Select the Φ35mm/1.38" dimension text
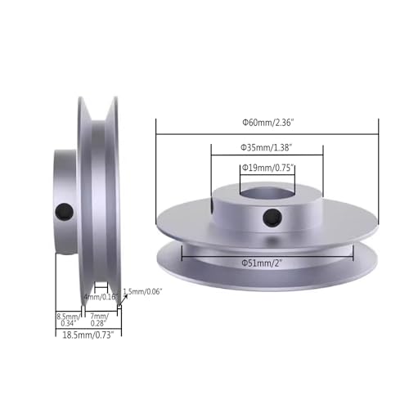point(267,147)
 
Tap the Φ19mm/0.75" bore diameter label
point(267,168)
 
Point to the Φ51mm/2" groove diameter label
point(267,263)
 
